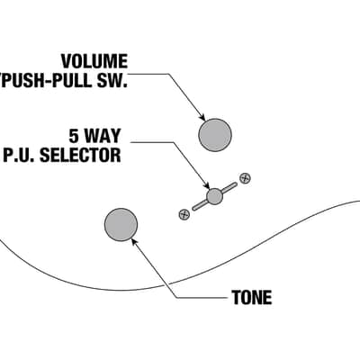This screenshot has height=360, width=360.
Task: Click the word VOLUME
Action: click(94, 61)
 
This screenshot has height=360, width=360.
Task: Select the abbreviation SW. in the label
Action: click(111, 80)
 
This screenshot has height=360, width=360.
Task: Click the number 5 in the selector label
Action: click(74, 136)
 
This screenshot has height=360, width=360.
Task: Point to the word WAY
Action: click(102, 136)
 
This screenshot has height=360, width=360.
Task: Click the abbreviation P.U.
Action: click(20, 155)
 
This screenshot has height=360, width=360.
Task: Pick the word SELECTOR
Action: click(80, 155)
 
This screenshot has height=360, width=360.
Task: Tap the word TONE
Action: click(252, 297)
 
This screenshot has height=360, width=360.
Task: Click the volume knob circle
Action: click(215, 135)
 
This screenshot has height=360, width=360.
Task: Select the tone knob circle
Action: click(121, 224)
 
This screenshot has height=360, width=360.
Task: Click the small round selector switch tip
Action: click(214, 196)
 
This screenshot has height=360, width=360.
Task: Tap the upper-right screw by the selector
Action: click(245, 178)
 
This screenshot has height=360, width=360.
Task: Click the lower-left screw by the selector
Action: click(184, 214)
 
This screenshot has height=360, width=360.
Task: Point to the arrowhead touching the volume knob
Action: click(202, 118)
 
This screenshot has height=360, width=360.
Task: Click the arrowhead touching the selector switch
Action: click(206, 186)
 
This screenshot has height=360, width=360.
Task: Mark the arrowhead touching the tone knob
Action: click(134, 241)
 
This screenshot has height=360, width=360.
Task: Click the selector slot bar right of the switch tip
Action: click(229, 188)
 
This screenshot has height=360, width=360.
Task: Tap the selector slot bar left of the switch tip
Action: click(200, 205)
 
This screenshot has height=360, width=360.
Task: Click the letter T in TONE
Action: click(237, 297)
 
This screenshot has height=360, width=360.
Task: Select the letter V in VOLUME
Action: click(67, 61)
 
